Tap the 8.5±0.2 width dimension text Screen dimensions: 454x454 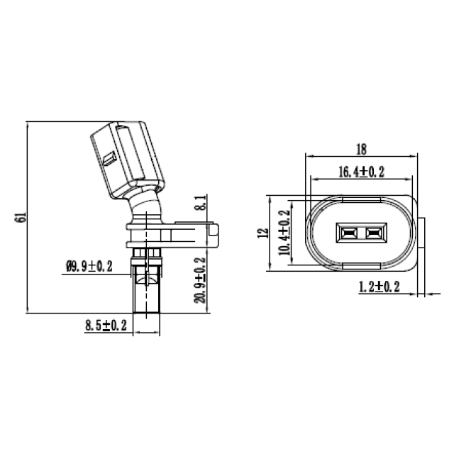coord(106,326)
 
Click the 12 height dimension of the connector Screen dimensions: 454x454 coord(263,233)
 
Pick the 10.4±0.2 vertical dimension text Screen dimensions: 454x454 coord(285,233)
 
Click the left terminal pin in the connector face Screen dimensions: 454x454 coord(349,233)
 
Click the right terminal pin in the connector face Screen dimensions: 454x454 coord(373,233)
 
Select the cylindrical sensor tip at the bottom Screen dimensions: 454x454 coord(147,291)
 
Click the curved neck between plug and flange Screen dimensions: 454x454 coord(147,209)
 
